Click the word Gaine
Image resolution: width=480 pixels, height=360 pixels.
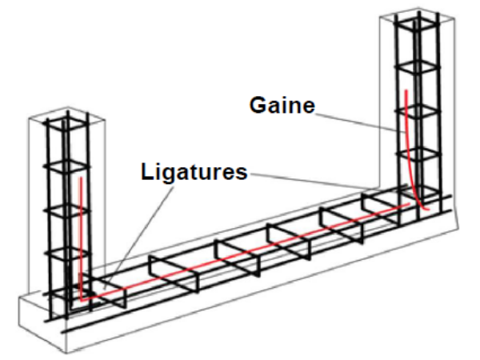coord(282,105)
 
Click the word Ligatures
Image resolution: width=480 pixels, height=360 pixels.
coord(194,171)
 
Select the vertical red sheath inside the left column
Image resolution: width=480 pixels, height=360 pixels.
coord(80,232)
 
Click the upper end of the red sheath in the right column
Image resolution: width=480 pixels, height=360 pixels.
coord(406,91)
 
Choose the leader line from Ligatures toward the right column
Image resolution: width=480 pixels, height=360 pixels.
coord(320,179)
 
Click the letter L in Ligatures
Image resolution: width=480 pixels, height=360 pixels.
coord(146,171)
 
